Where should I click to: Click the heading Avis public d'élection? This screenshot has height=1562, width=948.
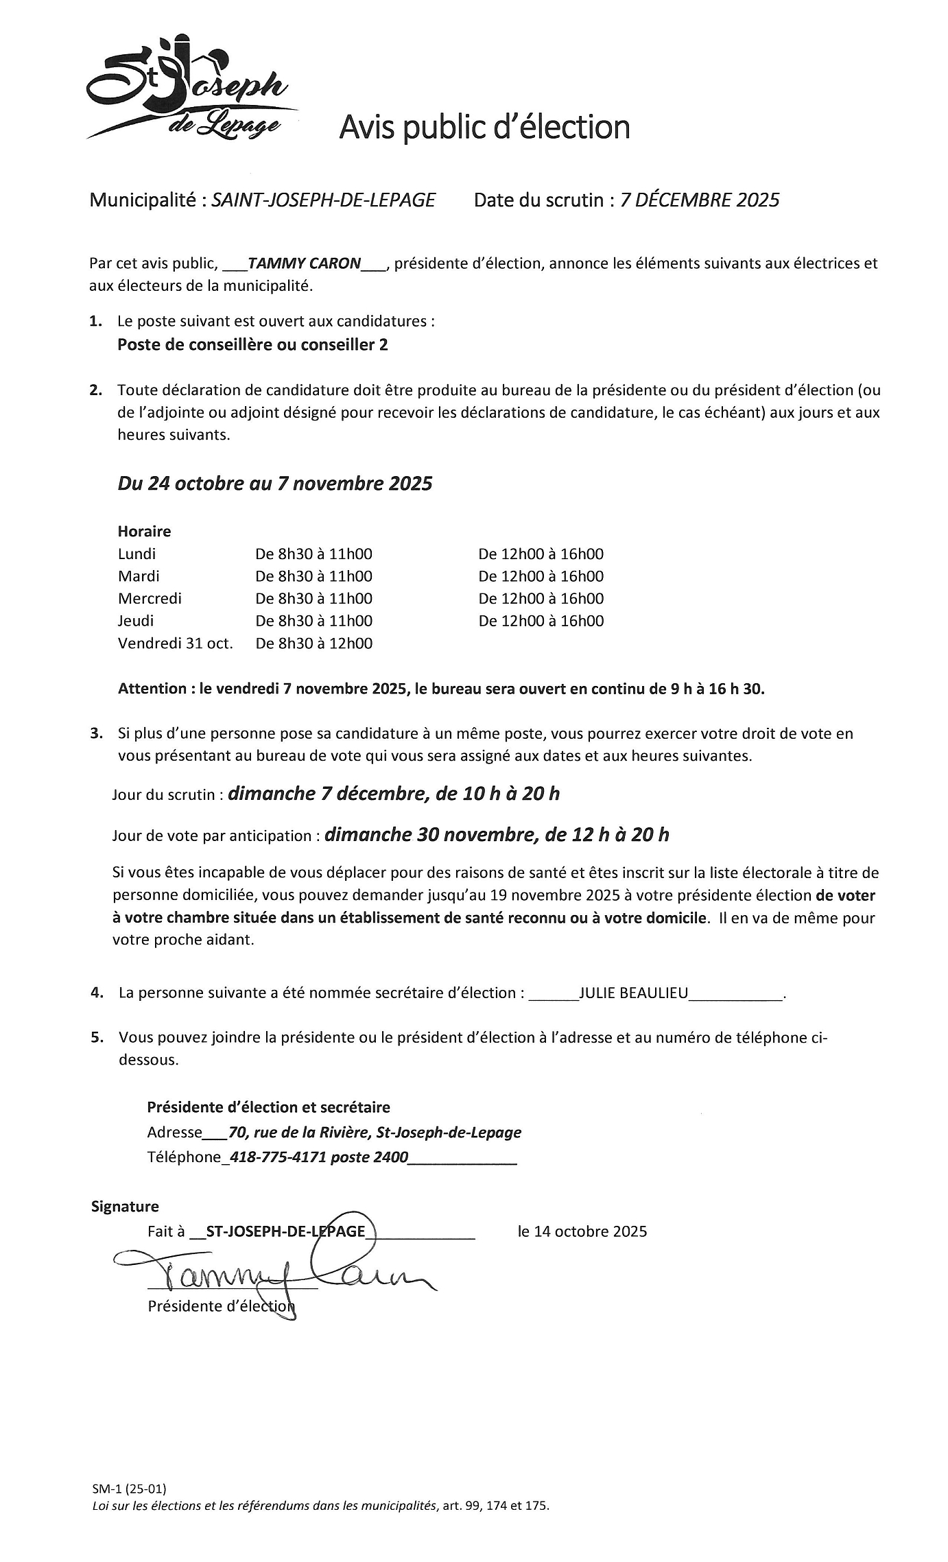pos(484,128)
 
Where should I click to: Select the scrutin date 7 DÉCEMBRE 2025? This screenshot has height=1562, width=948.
pos(700,200)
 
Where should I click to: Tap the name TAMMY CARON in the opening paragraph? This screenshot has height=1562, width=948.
pos(304,263)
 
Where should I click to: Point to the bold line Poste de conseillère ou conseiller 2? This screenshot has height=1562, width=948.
pos(252,344)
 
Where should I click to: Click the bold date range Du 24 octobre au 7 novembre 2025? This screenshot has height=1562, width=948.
pos(275,484)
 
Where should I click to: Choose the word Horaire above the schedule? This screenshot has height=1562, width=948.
pos(144,531)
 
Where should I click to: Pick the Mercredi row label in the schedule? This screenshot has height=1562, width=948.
pos(150,598)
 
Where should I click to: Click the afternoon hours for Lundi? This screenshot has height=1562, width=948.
pos(541,554)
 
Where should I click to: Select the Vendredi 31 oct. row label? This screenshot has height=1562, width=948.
pos(175,643)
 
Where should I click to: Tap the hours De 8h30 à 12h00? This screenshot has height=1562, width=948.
pos(313,643)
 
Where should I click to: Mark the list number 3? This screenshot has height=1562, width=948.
pos(96,733)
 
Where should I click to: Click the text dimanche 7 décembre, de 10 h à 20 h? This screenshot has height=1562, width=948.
pos(393,794)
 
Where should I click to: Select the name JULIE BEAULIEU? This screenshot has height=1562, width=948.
pos(633,993)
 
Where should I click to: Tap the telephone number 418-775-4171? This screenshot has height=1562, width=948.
pos(278,1157)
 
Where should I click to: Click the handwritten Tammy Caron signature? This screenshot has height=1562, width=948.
pos(274,1273)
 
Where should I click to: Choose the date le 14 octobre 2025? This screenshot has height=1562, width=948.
pos(582,1231)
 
